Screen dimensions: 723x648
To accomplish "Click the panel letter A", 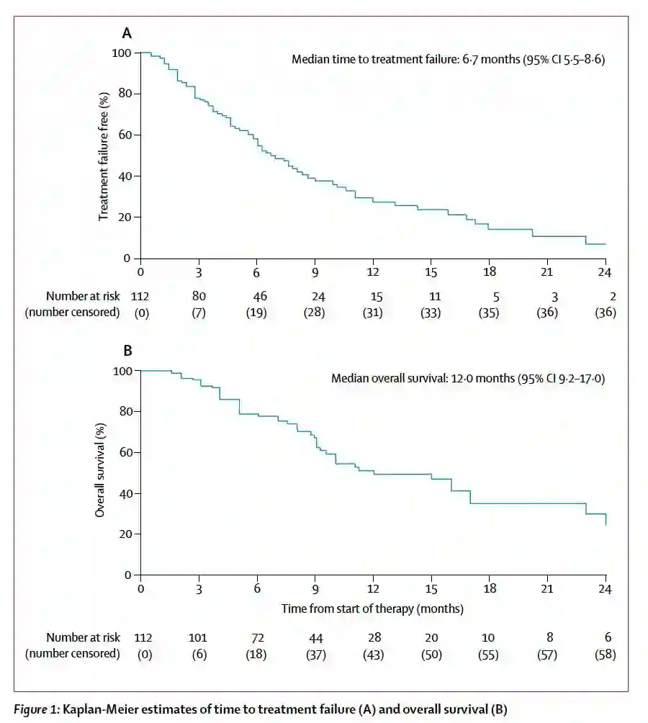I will [x=127, y=33].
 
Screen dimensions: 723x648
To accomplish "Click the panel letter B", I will [x=127, y=351].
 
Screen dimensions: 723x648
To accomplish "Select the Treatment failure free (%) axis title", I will [x=104, y=155].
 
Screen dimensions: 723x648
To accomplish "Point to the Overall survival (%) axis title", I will [x=101, y=472].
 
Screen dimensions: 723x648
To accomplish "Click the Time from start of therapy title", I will [x=372, y=609].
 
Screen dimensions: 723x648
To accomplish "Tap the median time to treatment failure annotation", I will [x=448, y=60].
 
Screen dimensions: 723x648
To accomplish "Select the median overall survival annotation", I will [x=468, y=377].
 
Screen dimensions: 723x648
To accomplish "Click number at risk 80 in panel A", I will [x=199, y=296].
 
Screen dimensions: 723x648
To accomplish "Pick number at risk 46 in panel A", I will [x=257, y=296].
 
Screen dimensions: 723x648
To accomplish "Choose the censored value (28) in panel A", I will [x=315, y=313].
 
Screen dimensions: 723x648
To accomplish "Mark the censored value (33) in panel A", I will [x=431, y=313].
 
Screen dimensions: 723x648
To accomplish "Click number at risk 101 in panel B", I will [x=198, y=637].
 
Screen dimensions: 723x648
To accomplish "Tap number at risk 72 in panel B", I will [x=257, y=637].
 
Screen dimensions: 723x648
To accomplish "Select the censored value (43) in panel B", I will [x=373, y=654].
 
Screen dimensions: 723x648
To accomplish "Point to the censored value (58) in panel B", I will [x=605, y=654].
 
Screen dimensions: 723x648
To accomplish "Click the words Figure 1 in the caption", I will [x=35, y=709].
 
